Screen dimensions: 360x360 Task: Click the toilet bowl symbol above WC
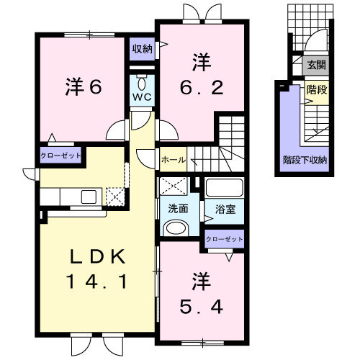[140, 78]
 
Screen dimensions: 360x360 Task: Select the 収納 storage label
[142, 49]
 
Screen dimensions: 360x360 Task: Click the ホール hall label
[173, 159]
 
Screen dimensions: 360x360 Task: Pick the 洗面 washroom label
[178, 210]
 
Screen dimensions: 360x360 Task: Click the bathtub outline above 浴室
[225, 189]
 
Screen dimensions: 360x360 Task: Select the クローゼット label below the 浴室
[225, 239]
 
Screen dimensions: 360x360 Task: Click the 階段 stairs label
[315, 91]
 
